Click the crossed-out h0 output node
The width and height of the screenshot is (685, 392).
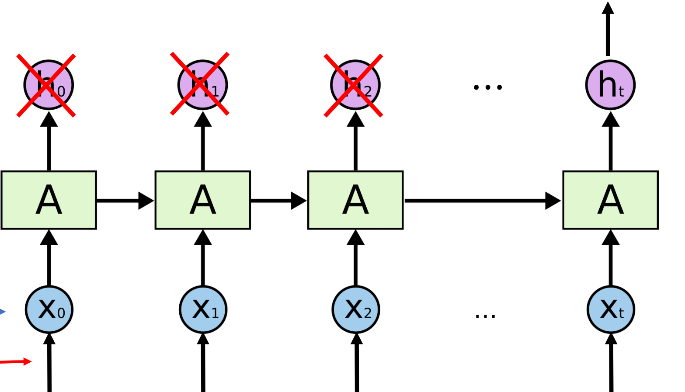49,85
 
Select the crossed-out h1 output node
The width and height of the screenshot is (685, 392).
202,84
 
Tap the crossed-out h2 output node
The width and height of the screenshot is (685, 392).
355,85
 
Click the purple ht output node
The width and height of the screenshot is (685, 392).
610,85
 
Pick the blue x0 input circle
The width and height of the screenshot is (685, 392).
49,309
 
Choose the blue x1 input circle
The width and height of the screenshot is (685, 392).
203,309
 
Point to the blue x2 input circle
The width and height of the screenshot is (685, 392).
356,309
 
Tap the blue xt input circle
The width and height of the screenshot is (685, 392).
611,309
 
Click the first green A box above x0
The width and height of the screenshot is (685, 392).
49,200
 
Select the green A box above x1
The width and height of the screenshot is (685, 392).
202,200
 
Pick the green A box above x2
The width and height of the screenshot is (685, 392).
355,200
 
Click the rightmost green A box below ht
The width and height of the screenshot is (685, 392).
610,200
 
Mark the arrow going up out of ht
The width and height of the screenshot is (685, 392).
608,28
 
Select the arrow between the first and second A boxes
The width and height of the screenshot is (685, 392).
125,201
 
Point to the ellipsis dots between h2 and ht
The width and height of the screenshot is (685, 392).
488,87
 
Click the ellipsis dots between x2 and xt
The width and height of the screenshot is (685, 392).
485,316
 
